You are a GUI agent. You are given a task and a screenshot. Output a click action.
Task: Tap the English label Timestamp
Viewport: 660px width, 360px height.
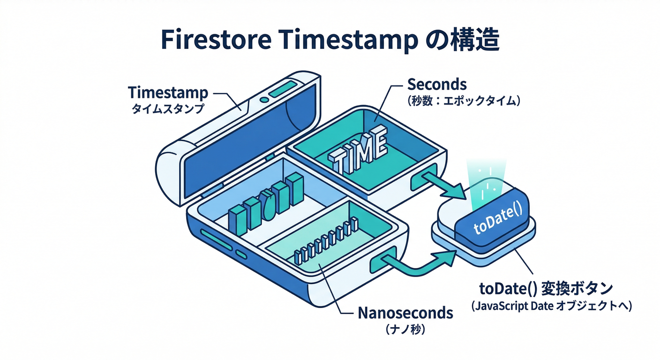[x=167, y=92]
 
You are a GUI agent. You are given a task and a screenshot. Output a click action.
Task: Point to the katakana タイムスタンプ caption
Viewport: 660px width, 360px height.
[x=167, y=109]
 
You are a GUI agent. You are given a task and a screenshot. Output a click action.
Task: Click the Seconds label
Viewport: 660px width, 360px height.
[x=437, y=84]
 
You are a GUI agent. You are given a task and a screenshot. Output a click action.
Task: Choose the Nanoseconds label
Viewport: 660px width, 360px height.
[x=405, y=313]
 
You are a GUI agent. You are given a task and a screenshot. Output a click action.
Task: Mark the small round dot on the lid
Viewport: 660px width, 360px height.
[x=264, y=99]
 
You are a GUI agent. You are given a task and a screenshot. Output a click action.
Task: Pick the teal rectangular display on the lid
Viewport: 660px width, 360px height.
[x=283, y=89]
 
